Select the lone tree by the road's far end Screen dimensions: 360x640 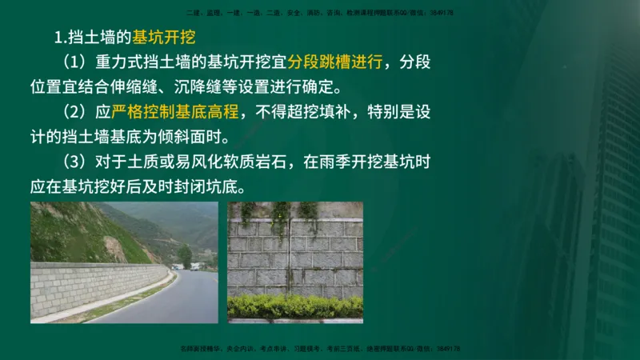[x=186, y=255]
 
